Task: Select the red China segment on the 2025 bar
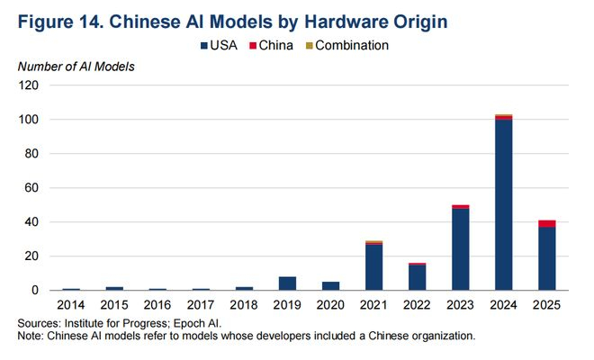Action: (546, 223)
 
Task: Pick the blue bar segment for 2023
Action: (460, 249)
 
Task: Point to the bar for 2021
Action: (373, 267)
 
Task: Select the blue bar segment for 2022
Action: (416, 277)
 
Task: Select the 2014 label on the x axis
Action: (71, 306)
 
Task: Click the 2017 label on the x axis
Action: (202, 306)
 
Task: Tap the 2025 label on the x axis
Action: (546, 306)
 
